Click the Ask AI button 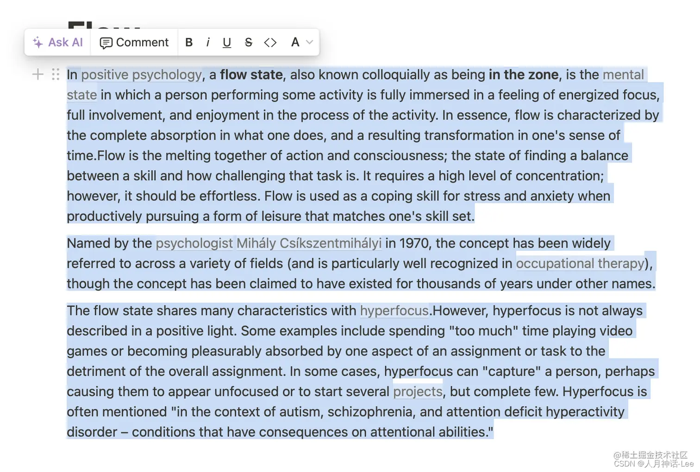(x=58, y=43)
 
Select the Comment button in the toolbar (x=134, y=43)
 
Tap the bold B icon (x=189, y=43)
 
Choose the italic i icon (x=208, y=43)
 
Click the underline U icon (x=227, y=43)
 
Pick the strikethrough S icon (x=249, y=43)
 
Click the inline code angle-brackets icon (x=270, y=43)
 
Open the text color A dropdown (x=301, y=43)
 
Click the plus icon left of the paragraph (x=38, y=74)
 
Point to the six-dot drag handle (x=56, y=74)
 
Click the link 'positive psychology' (x=142, y=75)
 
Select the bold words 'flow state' (x=251, y=75)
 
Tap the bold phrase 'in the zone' (x=523, y=75)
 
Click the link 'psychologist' (x=194, y=243)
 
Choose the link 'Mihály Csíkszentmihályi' (x=309, y=243)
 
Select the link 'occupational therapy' (x=580, y=263)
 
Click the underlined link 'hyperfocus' (x=394, y=311)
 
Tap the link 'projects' (x=418, y=391)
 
